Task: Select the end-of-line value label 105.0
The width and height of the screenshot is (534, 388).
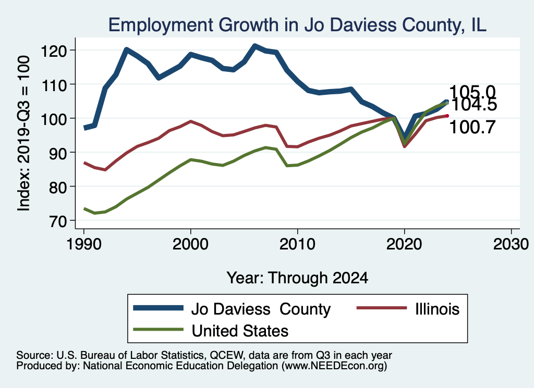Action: pyautogui.click(x=472, y=92)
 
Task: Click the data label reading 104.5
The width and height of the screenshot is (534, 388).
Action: pyautogui.click(x=473, y=105)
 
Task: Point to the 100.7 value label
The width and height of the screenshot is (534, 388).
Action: pyautogui.click(x=472, y=127)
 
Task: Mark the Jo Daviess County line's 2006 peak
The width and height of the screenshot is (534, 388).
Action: pyautogui.click(x=254, y=46)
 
